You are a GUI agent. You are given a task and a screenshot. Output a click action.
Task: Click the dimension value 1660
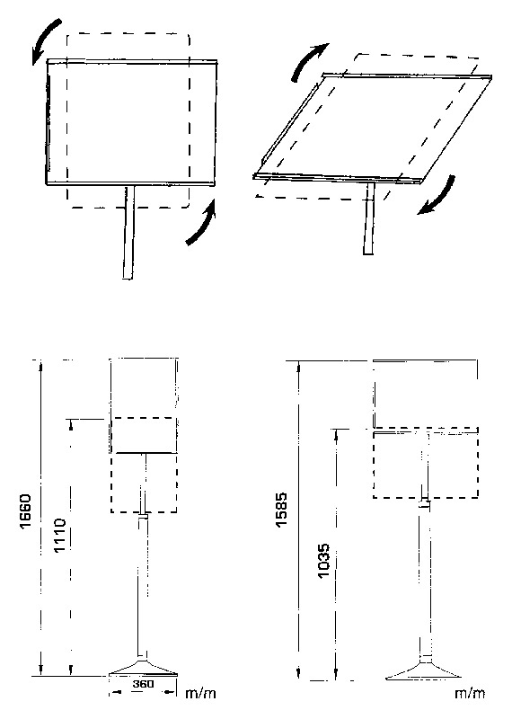click(25, 510)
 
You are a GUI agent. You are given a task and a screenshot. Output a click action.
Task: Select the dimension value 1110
click(60, 535)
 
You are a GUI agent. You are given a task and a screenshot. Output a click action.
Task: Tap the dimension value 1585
click(281, 510)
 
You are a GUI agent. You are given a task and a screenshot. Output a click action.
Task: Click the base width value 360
click(143, 684)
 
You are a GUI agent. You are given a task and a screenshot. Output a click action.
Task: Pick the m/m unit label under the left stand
click(200, 693)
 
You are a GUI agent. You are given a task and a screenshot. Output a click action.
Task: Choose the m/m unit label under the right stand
click(470, 693)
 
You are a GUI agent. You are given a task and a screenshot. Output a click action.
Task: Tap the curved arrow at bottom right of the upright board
click(202, 223)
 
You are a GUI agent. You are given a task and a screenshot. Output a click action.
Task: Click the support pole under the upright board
click(128, 232)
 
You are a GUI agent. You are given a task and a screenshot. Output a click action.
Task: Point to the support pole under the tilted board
click(369, 218)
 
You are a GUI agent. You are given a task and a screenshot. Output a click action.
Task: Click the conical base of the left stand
click(143, 667)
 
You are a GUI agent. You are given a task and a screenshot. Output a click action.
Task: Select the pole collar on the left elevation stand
click(144, 517)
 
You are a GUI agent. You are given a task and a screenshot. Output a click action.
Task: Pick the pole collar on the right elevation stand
click(425, 503)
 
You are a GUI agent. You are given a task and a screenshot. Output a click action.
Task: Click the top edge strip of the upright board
click(132, 61)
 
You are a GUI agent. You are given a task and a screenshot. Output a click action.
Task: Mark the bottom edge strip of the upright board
click(130, 183)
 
